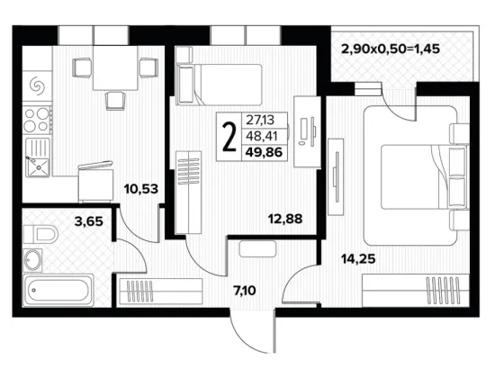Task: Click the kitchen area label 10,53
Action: click(141, 189)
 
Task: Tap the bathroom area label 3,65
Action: click(89, 221)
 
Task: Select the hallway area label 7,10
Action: click(245, 291)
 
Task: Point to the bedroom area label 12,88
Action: click(285, 219)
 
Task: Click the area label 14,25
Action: click(358, 258)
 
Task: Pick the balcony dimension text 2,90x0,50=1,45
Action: click(391, 49)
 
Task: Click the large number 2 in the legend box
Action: click(229, 137)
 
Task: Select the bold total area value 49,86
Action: click(264, 152)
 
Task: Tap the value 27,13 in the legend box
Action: click(260, 120)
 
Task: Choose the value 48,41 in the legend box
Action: click(261, 136)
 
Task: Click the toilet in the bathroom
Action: click(40, 234)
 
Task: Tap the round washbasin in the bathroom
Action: click(32, 260)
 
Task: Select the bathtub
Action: click(58, 290)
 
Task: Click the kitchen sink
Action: click(38, 157)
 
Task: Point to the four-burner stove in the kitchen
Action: click(37, 120)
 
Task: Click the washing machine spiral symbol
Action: click(37, 85)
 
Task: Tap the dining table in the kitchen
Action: click(115, 67)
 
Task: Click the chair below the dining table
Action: click(115, 101)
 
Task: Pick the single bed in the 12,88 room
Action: click(219, 85)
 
